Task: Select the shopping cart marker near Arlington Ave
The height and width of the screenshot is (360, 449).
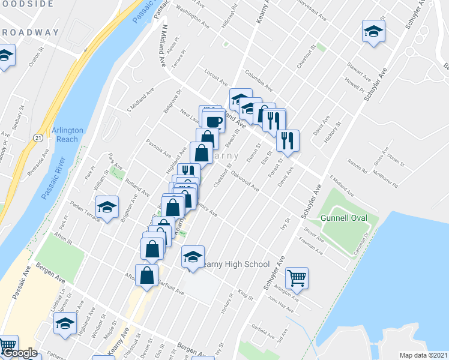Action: coord(297,277)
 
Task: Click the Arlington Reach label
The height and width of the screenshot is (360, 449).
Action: coord(65,135)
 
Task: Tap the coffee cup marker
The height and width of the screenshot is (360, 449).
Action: coord(213,122)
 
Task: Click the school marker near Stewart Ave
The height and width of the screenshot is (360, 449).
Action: coord(373,32)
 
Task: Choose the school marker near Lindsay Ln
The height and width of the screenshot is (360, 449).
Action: coord(65,323)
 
